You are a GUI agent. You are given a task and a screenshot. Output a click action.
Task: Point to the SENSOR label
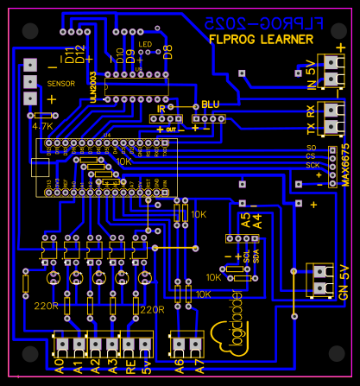pyautogui.click(x=60, y=84)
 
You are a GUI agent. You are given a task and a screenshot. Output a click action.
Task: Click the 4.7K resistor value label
pyautogui.click(x=43, y=126)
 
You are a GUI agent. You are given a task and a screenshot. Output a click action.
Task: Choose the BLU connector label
pyautogui.click(x=211, y=103)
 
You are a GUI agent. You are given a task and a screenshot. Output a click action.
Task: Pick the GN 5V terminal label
pyautogui.click(x=343, y=281)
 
